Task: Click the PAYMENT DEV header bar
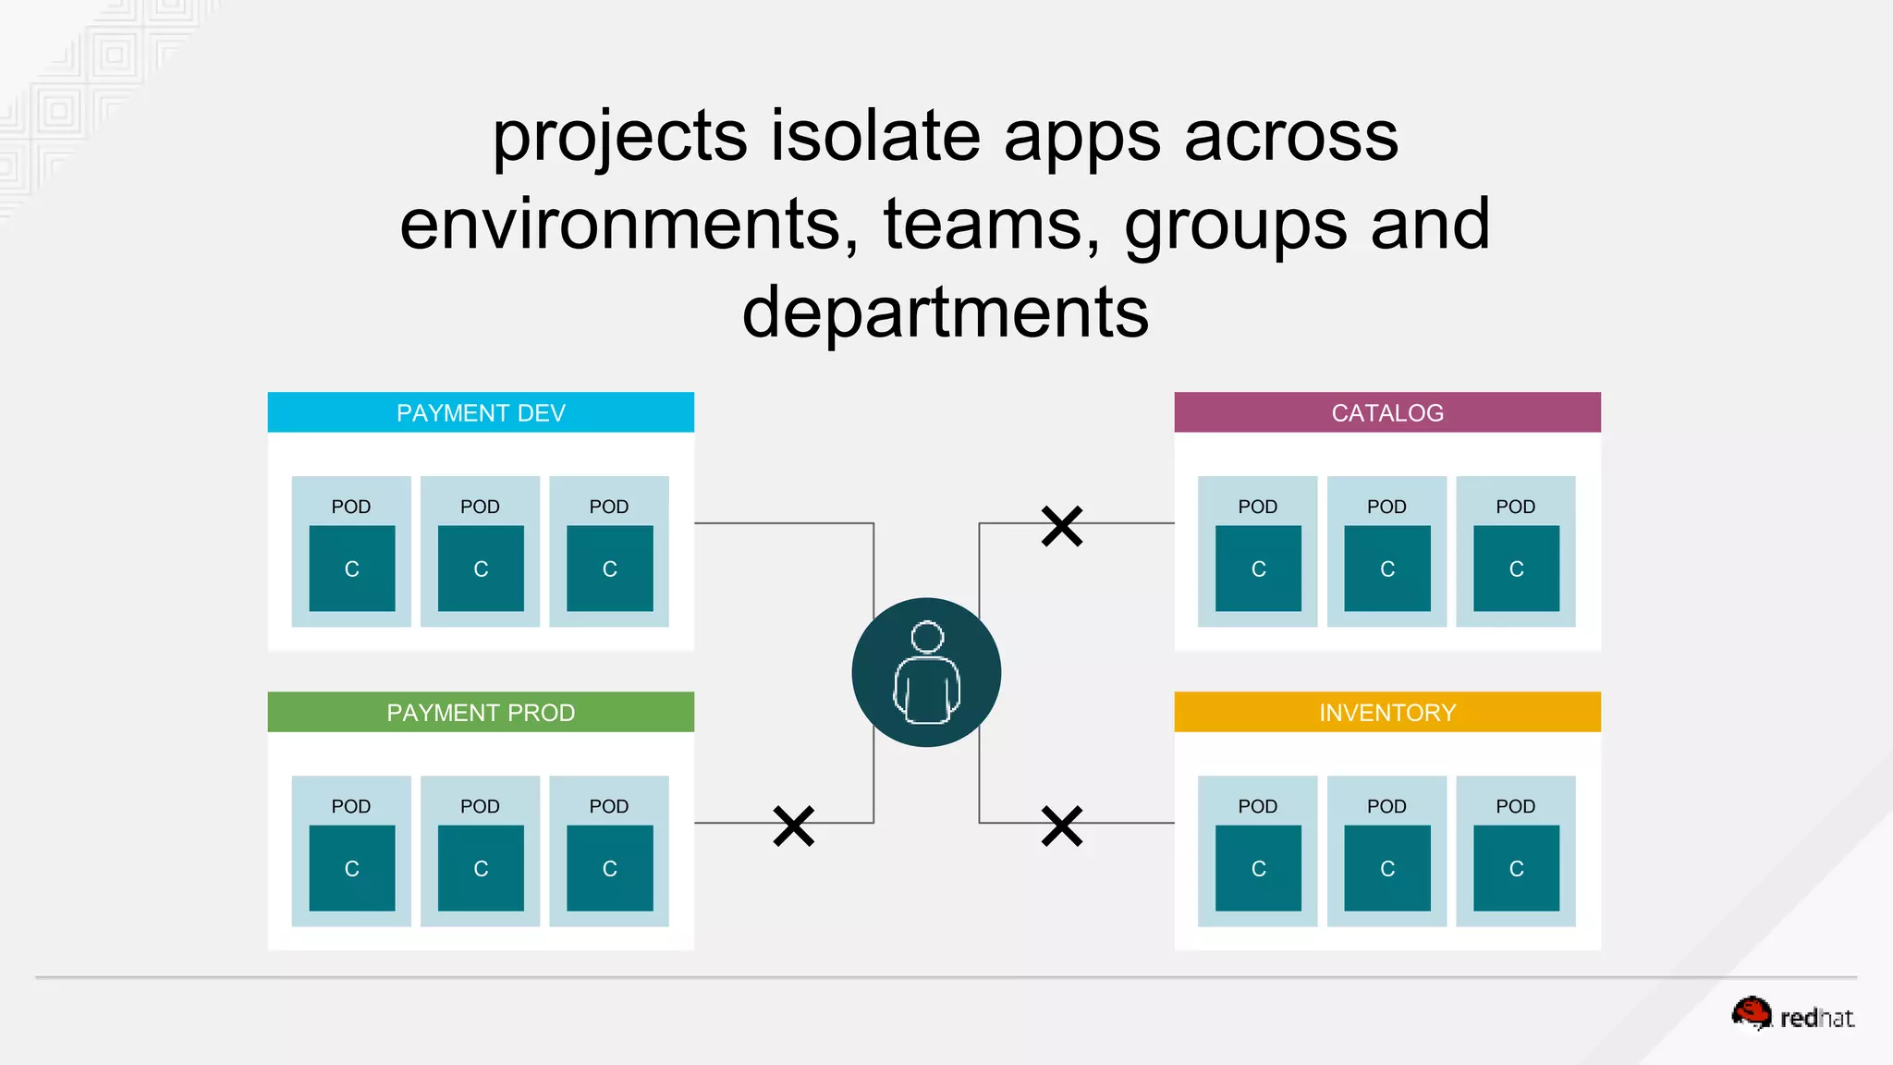[481, 412]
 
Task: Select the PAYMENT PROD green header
[481, 712]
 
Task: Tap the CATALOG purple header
[1386, 412]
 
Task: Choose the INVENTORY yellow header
[1386, 712]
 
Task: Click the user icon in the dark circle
[926, 672]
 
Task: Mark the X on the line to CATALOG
[1061, 525]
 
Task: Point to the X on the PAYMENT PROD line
[793, 826]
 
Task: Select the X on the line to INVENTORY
[1061, 826]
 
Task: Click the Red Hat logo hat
[1752, 1013]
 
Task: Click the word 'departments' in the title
[945, 312]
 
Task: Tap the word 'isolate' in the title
[874, 136]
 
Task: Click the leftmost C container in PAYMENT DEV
[351, 569]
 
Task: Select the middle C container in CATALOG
[1386, 569]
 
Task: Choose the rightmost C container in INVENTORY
[1516, 868]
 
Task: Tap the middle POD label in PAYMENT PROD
[480, 806]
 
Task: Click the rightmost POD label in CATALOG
[1515, 507]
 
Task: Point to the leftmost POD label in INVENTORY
[1257, 806]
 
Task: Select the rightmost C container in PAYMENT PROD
[609, 868]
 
